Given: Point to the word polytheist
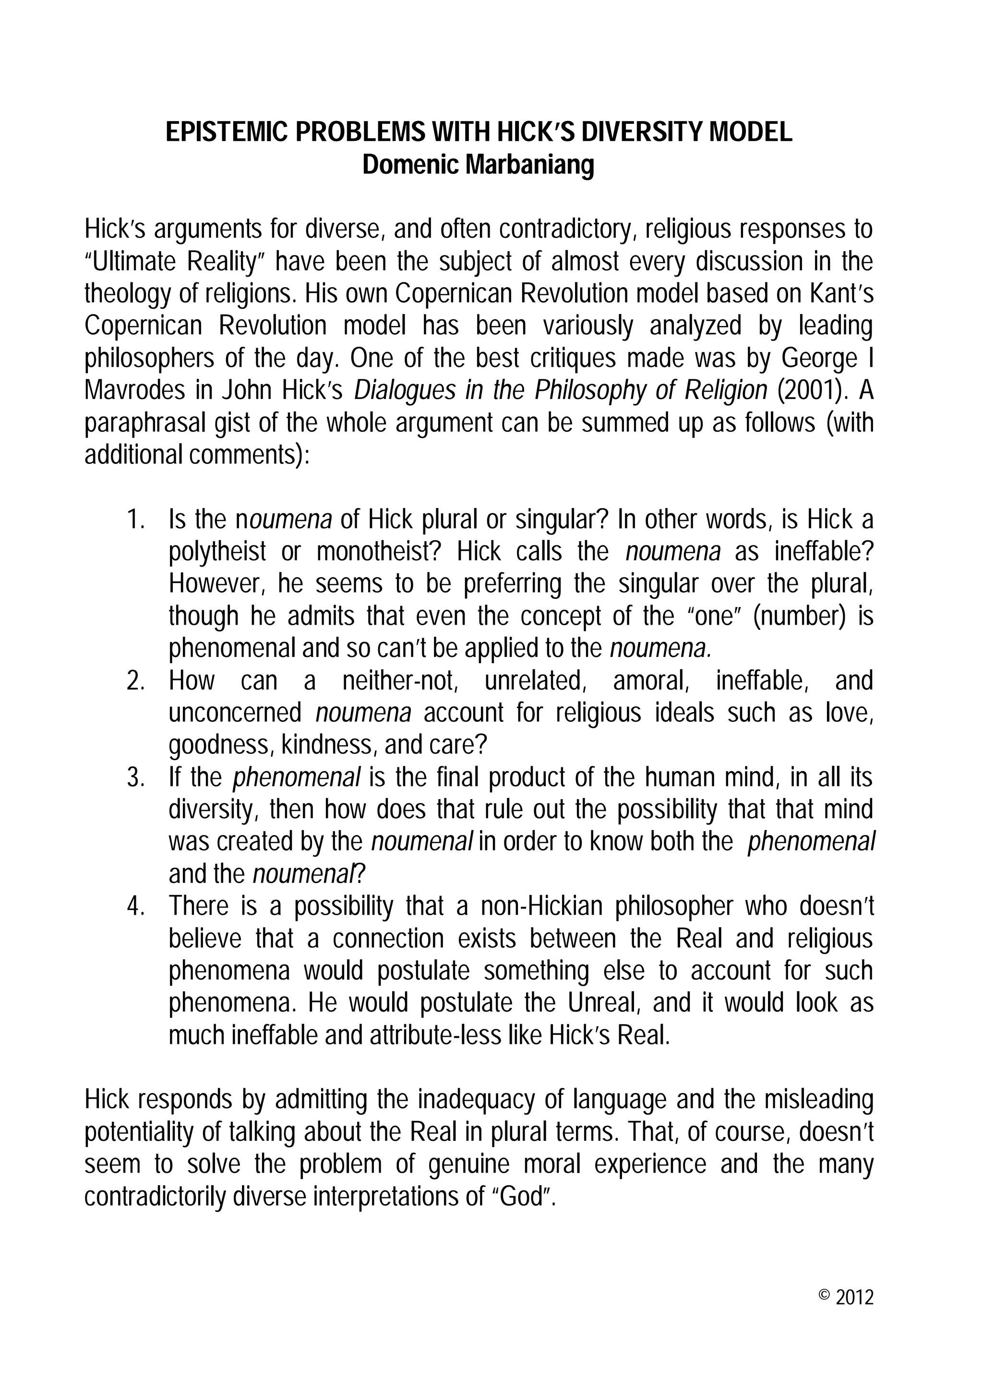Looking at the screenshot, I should pos(217,552).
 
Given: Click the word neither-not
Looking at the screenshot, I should pos(400,681).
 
